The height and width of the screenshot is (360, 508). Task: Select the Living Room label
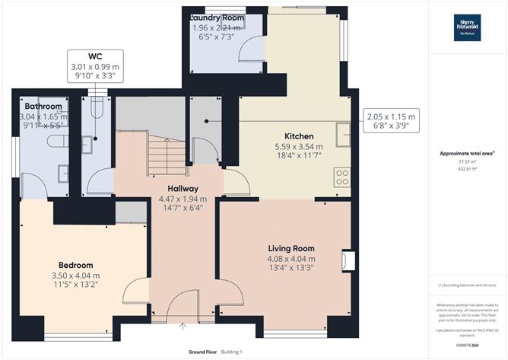click(x=291, y=249)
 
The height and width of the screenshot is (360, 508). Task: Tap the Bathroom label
click(x=43, y=106)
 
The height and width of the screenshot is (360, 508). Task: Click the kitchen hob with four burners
click(x=341, y=177)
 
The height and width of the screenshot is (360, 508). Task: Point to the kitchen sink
click(x=343, y=138)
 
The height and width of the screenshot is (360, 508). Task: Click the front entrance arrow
click(x=183, y=327)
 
